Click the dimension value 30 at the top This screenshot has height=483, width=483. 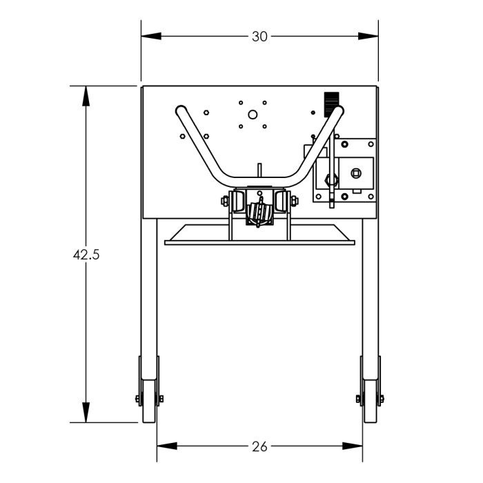pos(259,37)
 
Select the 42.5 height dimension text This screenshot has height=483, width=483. pos(86,254)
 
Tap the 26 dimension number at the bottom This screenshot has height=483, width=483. pos(259,447)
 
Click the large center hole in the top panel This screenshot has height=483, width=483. pos(253,115)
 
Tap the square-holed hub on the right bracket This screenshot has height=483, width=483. pos(356,172)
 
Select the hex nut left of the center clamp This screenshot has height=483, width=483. pos(224,201)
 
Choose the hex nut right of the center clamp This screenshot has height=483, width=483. pos(295,201)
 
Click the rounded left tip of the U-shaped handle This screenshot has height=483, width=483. pos(181,110)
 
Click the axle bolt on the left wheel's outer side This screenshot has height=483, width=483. pos(138,399)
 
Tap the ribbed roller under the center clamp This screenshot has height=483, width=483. pos(259,214)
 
